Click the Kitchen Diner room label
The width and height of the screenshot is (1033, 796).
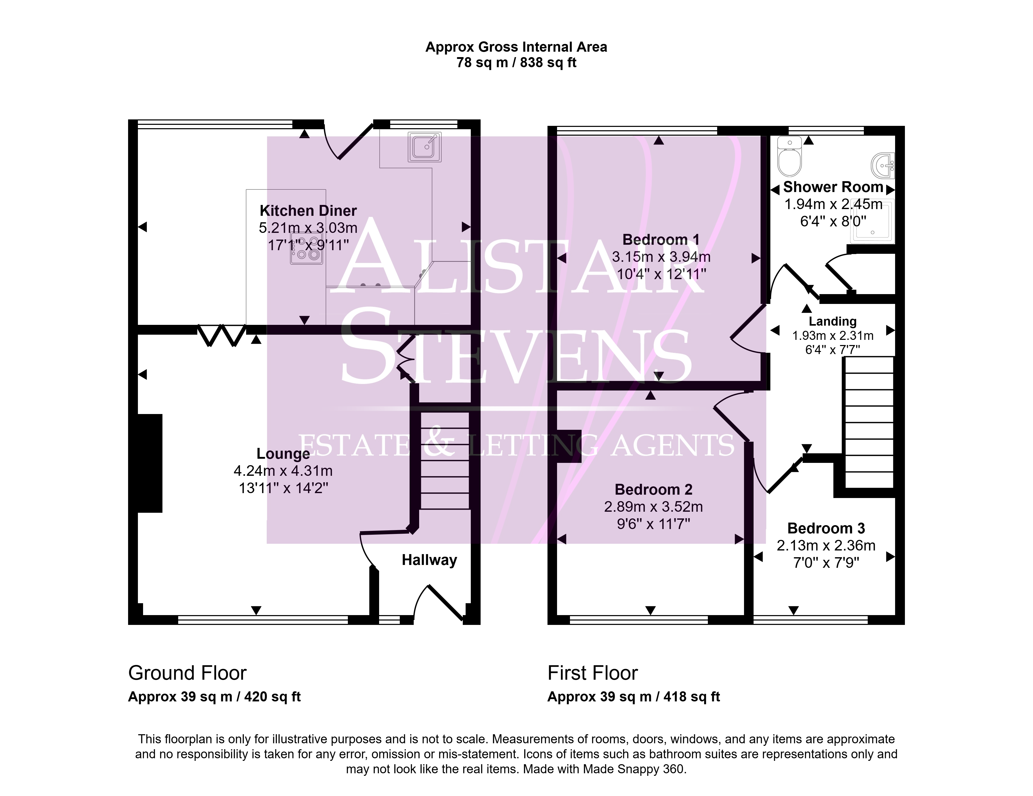(x=308, y=211)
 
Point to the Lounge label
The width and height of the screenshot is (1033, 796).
(x=283, y=453)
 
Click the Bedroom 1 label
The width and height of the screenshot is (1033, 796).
(x=661, y=240)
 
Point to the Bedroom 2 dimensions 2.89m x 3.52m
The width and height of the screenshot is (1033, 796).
(x=653, y=507)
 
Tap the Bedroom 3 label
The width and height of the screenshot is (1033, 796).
(x=826, y=528)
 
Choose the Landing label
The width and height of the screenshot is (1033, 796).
(x=832, y=321)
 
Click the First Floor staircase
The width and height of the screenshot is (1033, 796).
(x=869, y=423)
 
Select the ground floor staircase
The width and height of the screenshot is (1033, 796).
(x=445, y=461)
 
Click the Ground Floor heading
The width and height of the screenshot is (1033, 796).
(x=187, y=673)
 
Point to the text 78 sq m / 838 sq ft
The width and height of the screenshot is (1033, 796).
(x=516, y=63)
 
